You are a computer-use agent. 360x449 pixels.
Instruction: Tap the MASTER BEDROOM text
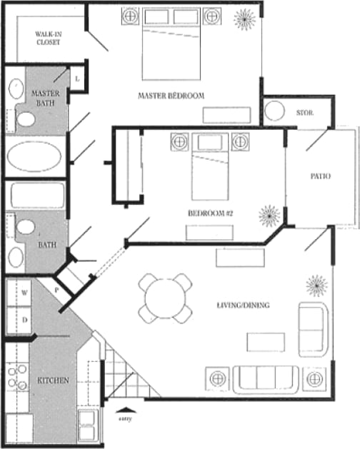171,96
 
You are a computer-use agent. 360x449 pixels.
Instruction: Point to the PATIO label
320,176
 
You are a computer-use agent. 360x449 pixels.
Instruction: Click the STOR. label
305,113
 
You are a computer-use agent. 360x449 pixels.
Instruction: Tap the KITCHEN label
54,380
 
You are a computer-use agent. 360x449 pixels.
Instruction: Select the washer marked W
24,292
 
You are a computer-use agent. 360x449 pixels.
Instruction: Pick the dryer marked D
24,320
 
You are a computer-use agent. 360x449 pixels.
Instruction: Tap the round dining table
165,298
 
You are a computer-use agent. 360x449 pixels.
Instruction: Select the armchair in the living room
312,328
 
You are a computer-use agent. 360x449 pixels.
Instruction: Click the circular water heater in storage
276,112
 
